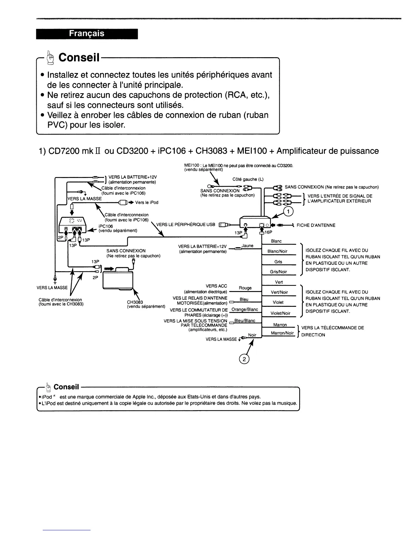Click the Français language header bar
point(87,34)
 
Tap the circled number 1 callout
point(288,211)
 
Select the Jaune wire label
point(247,246)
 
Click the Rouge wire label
point(245,288)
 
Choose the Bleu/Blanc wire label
point(245,321)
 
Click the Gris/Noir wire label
point(278,272)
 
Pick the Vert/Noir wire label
point(279,292)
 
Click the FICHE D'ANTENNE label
point(316,225)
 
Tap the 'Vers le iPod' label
point(146,203)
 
